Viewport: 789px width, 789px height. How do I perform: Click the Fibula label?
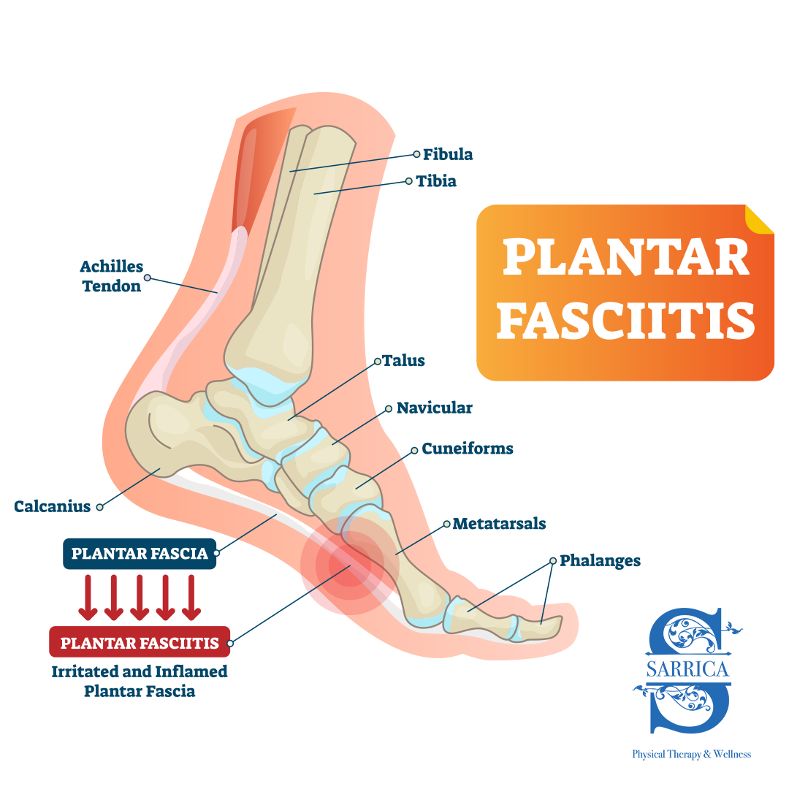coord(448,154)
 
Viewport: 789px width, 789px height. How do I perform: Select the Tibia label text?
coord(436,180)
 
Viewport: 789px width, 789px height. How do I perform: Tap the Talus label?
coord(404,361)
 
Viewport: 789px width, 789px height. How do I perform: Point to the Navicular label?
coord(434,408)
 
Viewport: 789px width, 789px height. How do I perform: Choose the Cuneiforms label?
coord(468,449)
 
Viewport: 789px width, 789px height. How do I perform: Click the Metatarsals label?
coord(499,524)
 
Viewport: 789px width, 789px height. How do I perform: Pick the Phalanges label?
coord(600,561)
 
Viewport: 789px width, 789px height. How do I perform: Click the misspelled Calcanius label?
coord(53,506)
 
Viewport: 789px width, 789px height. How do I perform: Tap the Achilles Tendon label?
coord(112,276)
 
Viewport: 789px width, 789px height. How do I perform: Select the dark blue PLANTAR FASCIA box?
coord(140,554)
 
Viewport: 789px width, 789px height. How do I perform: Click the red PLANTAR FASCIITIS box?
coord(140,643)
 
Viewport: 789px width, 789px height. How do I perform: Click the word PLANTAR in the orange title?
coord(626,257)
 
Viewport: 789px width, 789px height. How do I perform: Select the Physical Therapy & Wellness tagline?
coord(691,754)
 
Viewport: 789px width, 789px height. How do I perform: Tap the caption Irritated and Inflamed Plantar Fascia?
coord(140,680)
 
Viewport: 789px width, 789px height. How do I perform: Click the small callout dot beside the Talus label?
coord(378,361)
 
